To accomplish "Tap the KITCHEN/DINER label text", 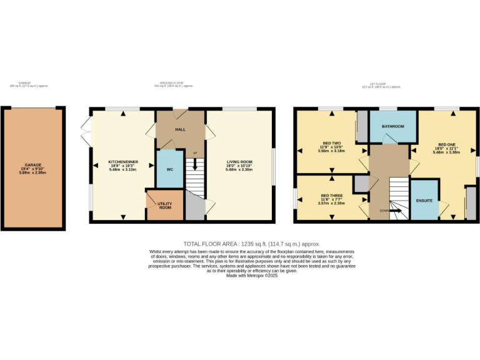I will (x=123, y=162).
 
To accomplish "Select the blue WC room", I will (x=170, y=169).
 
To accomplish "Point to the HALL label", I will (x=180, y=129).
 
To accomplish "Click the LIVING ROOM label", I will (x=239, y=162).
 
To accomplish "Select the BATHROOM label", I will (x=393, y=127).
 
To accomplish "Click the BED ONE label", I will (x=447, y=143).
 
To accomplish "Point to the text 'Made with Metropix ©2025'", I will (x=251, y=276).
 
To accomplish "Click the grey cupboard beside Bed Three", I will (x=361, y=184).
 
